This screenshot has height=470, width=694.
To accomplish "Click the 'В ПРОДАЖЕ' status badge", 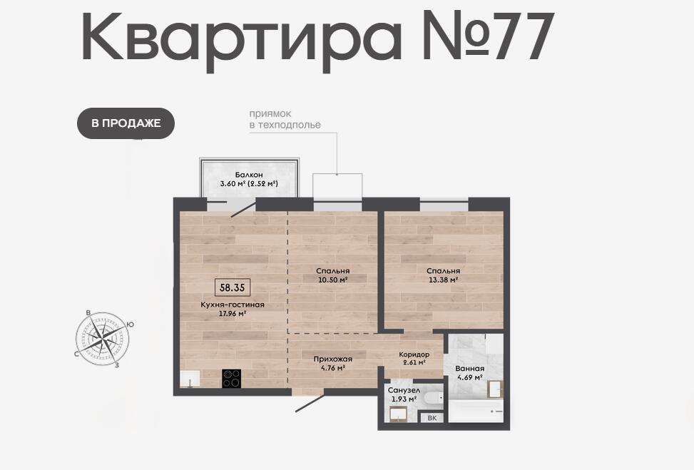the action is point(126,123).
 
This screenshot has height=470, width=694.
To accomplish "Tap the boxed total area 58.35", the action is point(233,287).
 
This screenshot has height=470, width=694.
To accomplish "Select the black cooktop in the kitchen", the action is point(232,379).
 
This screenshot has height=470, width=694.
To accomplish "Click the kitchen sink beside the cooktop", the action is point(190,379).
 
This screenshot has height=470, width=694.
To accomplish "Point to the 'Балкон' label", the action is point(249,175).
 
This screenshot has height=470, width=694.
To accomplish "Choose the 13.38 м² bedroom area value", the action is point(443,280).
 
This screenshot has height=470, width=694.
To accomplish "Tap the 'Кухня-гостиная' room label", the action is point(233,305).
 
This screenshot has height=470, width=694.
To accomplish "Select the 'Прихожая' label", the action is point(333,359).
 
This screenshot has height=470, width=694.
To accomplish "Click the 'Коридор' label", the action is point(414,354).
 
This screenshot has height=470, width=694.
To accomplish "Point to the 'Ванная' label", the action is point(469,368).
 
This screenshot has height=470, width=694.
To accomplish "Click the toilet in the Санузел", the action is point(434,398).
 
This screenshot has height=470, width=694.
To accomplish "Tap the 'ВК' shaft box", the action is point(432,418).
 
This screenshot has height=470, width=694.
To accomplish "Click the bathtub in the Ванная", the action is point(476,411).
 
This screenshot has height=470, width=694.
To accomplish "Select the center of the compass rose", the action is point(103,339).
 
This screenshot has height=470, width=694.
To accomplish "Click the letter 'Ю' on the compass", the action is point(130,325).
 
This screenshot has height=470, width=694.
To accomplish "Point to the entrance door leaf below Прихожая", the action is point(310,403).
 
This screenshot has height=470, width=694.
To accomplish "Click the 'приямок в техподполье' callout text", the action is point(285,120).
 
